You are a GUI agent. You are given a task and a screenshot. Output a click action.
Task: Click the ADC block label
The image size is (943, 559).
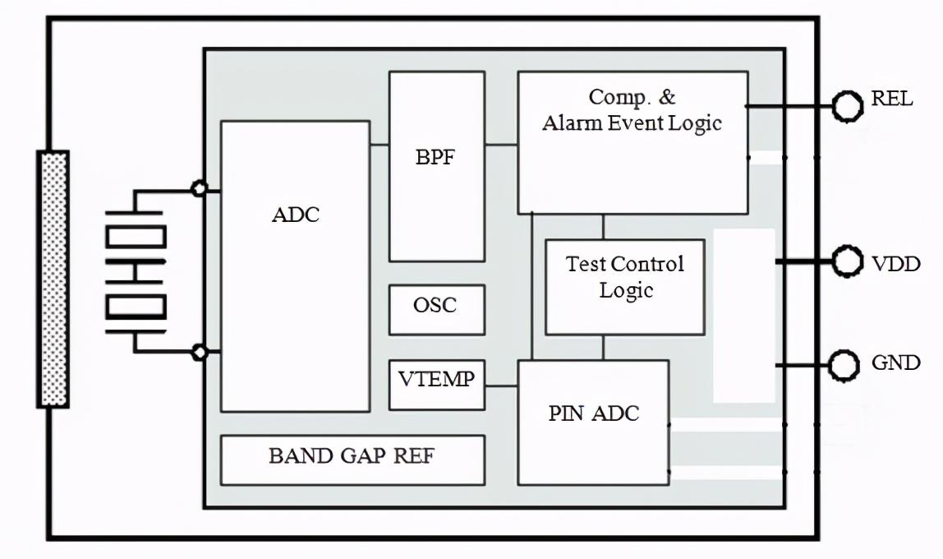pyautogui.click(x=296, y=215)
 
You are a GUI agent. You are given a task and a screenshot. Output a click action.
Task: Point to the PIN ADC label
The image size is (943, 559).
pyautogui.click(x=593, y=413)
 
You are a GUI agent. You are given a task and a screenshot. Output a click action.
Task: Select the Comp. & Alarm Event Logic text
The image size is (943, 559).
pyautogui.click(x=632, y=110)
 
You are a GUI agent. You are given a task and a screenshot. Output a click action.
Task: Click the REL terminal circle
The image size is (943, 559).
pyautogui.click(x=847, y=106)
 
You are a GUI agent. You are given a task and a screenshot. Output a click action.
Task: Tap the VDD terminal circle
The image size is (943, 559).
pyautogui.click(x=847, y=262)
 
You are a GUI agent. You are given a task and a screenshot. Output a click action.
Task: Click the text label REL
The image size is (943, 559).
pyautogui.click(x=891, y=99)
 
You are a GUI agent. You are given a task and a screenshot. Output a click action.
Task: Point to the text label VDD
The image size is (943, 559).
pyautogui.click(x=895, y=264)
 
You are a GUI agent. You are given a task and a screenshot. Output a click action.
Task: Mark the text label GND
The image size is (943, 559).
pyautogui.click(x=895, y=363)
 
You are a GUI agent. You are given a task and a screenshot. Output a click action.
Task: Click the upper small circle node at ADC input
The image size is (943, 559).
pyautogui.click(x=199, y=189)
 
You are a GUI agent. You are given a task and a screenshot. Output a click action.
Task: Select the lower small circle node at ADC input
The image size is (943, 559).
pyautogui.click(x=199, y=352)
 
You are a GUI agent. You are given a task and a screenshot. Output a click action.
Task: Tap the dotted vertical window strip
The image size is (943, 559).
pyautogui.click(x=53, y=279)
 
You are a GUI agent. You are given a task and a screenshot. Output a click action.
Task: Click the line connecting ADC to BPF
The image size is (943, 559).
pyautogui.click(x=379, y=146)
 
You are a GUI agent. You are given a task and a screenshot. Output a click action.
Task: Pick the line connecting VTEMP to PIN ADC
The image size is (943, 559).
pyautogui.click(x=501, y=386)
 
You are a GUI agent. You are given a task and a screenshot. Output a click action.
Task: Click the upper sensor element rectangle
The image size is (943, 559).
pyautogui.click(x=136, y=238)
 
